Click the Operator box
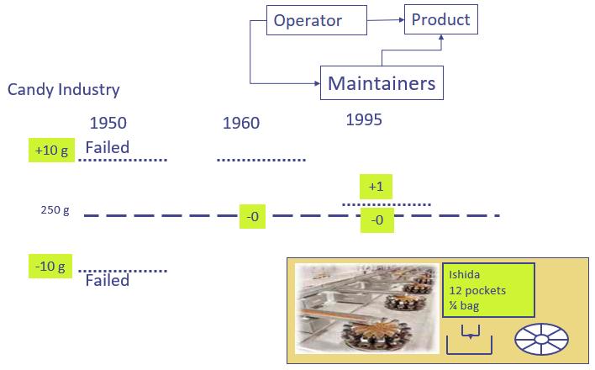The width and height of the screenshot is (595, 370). click(308, 19)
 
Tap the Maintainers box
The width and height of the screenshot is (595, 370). click(382, 83)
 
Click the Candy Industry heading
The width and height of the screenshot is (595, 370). click(64, 89)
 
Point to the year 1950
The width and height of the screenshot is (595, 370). click(108, 123)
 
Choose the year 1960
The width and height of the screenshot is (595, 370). click(241, 124)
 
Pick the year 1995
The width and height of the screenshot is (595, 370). click(364, 120)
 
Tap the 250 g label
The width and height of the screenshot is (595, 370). click(55, 210)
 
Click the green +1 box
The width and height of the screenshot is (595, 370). click(376, 187)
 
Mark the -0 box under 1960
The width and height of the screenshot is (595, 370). click(252, 217)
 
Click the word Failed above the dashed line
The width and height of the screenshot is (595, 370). click(108, 148)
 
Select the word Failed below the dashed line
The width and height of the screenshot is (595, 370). click(108, 280)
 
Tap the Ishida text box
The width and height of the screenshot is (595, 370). click(487, 289)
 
